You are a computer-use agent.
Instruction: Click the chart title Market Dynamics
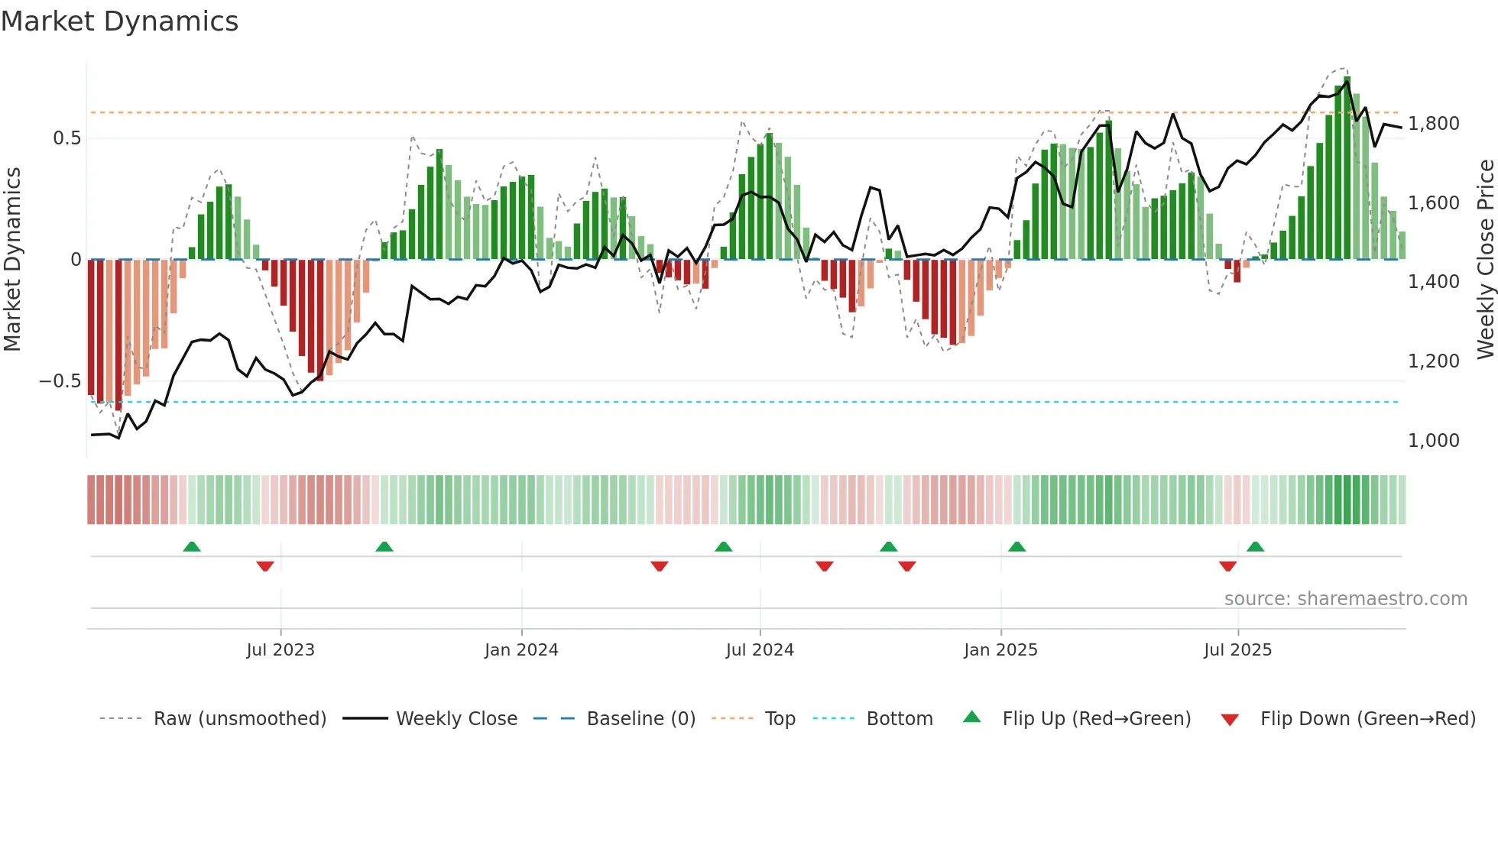[119, 21]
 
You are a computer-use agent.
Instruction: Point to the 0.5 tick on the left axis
[66, 138]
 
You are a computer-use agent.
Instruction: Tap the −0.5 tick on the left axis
[60, 381]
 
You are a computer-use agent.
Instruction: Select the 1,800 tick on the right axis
[1433, 124]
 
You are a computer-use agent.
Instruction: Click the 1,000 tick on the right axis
[1433, 441]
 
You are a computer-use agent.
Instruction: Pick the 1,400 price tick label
[1433, 282]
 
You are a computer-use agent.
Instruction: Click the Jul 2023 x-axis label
[280, 650]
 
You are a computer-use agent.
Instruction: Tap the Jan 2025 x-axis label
[1000, 650]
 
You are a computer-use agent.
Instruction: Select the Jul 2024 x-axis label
[760, 650]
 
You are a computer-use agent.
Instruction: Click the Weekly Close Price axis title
[1485, 259]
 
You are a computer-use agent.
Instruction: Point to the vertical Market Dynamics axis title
[12, 259]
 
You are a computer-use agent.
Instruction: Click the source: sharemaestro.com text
[1345, 599]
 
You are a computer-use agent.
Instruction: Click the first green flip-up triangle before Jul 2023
[192, 546]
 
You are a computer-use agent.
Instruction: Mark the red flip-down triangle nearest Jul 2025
[1227, 566]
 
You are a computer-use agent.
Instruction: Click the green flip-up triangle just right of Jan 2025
[1016, 546]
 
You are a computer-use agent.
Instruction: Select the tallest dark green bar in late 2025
[1347, 168]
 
